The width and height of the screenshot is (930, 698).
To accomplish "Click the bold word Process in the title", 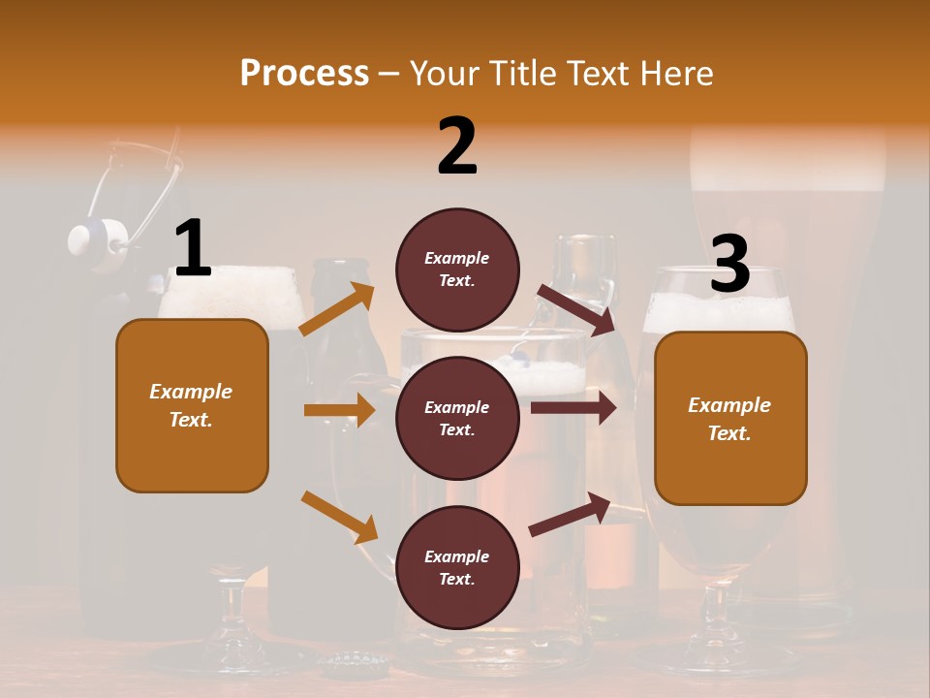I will tap(304, 74).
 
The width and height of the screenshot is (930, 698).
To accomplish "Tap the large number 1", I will tap(193, 248).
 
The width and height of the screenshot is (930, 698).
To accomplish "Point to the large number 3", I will tap(729, 264).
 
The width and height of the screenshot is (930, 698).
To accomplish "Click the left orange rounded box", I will tap(192, 405).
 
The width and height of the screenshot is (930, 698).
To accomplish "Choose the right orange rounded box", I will tap(730, 418).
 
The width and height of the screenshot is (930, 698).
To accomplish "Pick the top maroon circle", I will tap(457, 269).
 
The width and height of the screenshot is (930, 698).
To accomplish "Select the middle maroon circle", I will tap(457, 418).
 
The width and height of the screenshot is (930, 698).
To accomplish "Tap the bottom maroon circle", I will tap(457, 567).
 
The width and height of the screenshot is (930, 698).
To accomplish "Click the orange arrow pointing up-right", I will tap(337, 309).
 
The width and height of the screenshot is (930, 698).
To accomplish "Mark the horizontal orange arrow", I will tap(339, 410).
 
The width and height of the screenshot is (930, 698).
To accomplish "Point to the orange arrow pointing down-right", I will tap(339, 517).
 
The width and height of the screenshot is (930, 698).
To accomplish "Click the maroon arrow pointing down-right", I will tap(576, 309).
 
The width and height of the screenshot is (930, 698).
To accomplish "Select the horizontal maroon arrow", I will tap(573, 407).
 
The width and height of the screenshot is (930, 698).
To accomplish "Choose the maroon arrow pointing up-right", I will tap(571, 514).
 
